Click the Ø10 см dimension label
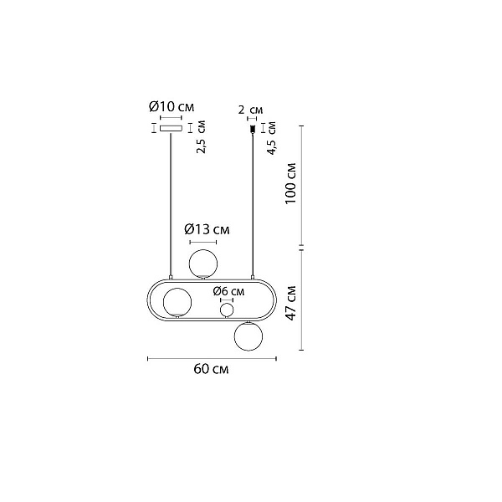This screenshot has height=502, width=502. click(x=172, y=106)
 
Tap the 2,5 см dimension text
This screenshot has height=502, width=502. click(x=201, y=136)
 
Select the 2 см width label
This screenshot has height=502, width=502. click(x=250, y=110)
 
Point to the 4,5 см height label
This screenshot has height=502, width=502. click(x=271, y=138)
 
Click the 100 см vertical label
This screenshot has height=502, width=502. click(x=290, y=183)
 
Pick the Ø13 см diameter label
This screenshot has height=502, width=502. click(x=207, y=229)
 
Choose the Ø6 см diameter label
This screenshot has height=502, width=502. click(x=228, y=291)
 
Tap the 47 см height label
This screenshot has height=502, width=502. click(x=291, y=303)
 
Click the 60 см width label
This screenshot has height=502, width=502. click(x=211, y=369)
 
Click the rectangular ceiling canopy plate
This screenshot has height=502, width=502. click(x=172, y=128)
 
